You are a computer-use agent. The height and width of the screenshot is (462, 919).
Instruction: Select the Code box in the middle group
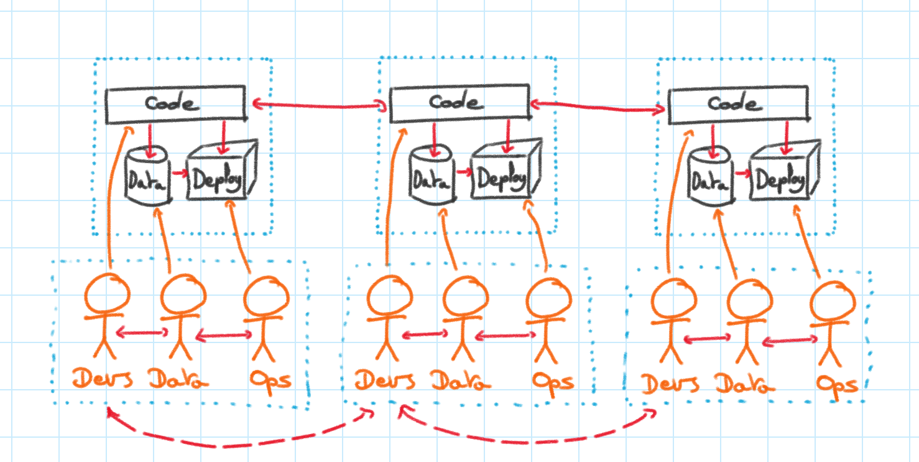click(458, 102)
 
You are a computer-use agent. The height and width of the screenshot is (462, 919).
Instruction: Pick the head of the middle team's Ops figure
click(548, 299)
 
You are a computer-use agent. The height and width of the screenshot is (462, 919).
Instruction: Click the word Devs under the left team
click(103, 379)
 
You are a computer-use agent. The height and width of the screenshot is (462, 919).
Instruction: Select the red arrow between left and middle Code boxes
click(318, 107)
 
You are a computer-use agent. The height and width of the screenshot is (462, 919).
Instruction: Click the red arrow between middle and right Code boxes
click(597, 107)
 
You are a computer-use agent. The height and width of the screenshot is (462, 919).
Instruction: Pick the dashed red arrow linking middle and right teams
click(529, 440)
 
